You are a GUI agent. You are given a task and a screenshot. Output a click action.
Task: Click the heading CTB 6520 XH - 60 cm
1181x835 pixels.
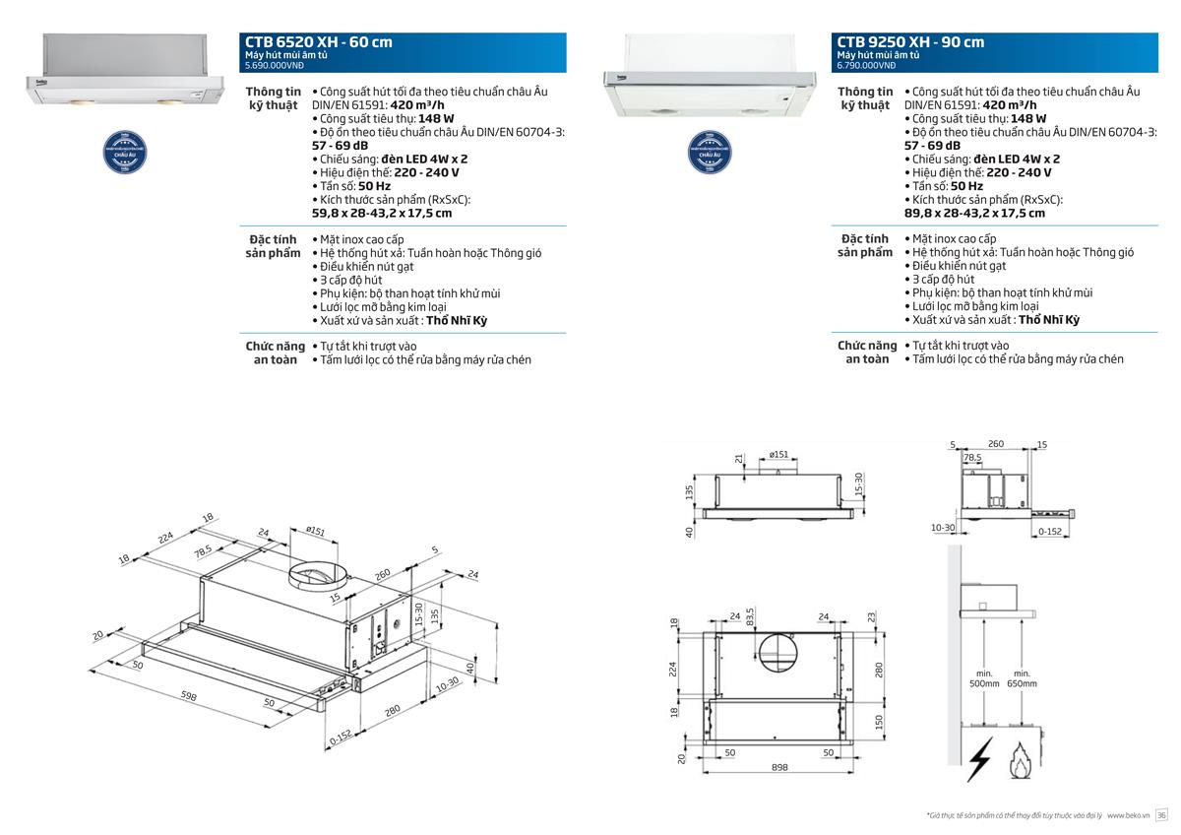[318, 41]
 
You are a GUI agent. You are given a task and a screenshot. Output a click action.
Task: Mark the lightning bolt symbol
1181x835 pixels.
[979, 760]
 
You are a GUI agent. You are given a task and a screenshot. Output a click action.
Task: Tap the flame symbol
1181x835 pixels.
[1023, 760]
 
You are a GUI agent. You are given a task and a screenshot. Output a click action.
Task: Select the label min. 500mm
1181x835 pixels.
[983, 678]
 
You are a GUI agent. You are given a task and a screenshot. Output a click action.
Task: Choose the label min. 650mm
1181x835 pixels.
[1022, 678]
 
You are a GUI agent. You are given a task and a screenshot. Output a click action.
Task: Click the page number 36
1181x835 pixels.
[1161, 815]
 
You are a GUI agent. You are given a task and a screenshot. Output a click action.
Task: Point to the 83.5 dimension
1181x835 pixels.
[750, 618]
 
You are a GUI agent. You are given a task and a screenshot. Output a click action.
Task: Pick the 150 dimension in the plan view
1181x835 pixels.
[879, 721]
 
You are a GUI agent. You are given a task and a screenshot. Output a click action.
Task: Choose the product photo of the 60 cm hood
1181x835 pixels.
[123, 74]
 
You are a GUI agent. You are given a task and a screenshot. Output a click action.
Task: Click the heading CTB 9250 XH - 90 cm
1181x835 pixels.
[910, 41]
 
